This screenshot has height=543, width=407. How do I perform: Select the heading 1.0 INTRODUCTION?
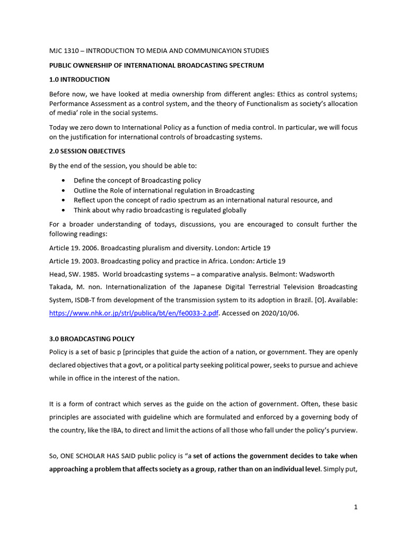[79, 80]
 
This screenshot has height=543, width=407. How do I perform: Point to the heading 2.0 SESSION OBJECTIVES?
[87, 151]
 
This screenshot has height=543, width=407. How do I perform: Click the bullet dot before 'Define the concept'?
[64, 181]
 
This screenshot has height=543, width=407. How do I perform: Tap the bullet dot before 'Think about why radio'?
[64, 211]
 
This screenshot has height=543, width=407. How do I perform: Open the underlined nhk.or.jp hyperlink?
[134, 313]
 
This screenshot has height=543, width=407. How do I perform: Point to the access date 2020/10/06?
[276, 313]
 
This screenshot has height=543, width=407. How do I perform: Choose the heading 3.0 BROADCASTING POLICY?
[92, 339]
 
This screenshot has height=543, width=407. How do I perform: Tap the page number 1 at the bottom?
[356, 507]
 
